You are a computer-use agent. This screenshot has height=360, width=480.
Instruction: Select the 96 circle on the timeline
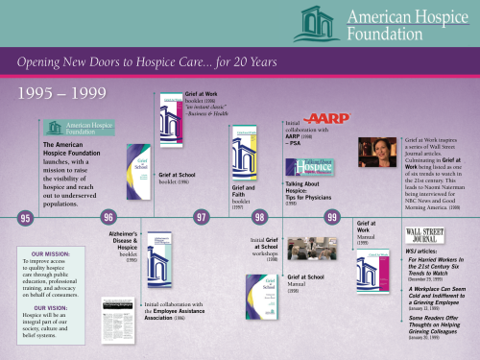108,218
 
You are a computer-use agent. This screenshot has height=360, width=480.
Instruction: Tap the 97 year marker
202,218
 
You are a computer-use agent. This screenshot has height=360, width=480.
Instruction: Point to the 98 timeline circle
259,218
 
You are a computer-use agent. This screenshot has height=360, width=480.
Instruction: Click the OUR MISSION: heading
53,253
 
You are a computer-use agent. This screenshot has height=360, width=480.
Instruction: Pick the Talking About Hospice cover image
307,165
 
